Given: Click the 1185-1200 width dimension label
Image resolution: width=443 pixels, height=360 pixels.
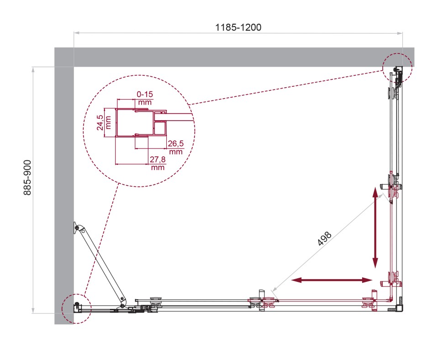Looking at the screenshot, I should tap(238, 27).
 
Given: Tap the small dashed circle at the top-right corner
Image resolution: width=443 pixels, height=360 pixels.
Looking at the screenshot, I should tap(397, 67).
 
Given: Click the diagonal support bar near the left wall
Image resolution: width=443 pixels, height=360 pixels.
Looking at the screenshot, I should tap(101, 264).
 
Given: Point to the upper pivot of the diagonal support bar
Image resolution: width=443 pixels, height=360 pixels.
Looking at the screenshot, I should tap(79, 228).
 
